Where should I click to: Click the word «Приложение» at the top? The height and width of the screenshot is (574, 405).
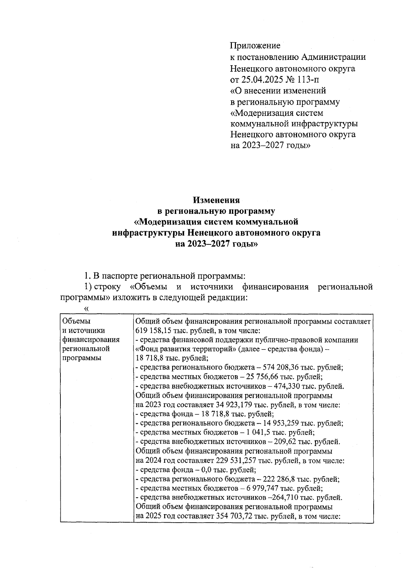click(x=255, y=45)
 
